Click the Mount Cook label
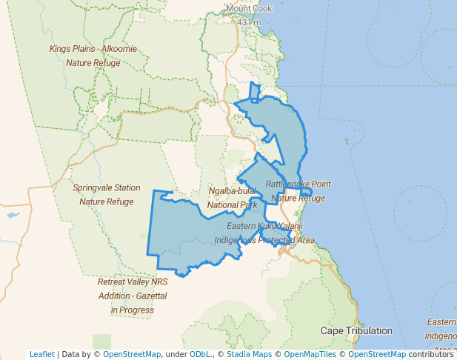click(x=249, y=9)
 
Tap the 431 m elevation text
click(x=249, y=22)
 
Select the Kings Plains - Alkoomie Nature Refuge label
click(x=94, y=56)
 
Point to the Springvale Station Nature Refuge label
click(x=107, y=194)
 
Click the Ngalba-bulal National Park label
click(x=233, y=198)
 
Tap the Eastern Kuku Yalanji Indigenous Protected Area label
click(x=265, y=233)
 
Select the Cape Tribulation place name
click(x=356, y=330)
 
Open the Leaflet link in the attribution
click(x=42, y=354)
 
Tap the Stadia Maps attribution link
click(x=248, y=354)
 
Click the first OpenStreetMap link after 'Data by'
click(x=132, y=354)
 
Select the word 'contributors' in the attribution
click(x=430, y=354)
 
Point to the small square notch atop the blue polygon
click(x=254, y=91)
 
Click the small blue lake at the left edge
click(x=12, y=215)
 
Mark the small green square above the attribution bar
click(x=101, y=341)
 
